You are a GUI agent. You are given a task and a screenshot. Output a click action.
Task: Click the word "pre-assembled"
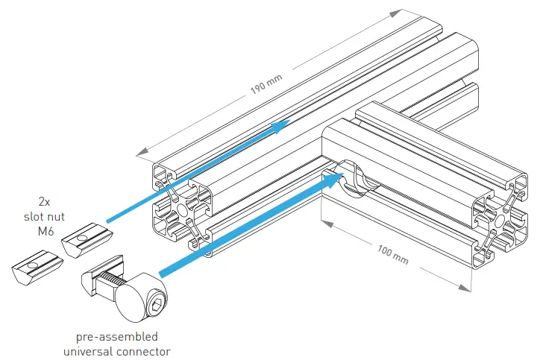(x=116, y=336)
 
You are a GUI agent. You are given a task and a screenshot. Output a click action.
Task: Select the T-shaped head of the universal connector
(x=95, y=278)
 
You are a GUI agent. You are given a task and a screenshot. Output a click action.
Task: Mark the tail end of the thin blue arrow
(x=109, y=221)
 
